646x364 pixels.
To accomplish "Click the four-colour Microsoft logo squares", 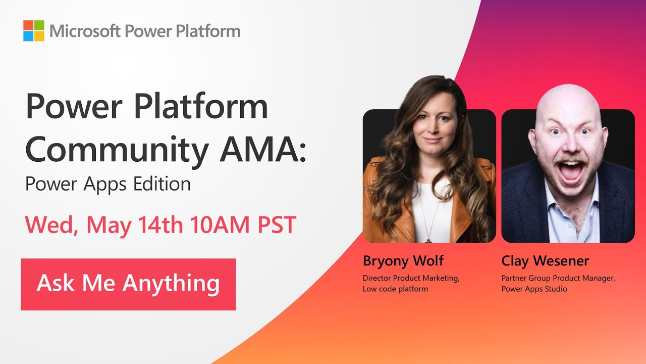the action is tap(34, 31).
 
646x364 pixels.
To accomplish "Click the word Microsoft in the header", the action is tap(85, 31).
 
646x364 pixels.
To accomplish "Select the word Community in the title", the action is tap(117, 151).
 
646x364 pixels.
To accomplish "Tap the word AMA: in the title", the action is tap(262, 149).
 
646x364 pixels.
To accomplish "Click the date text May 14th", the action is tap(135, 225).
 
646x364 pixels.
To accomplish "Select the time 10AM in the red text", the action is tap(220, 224).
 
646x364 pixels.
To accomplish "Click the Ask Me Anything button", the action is tap(128, 284).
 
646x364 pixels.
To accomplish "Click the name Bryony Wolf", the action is tap(403, 261).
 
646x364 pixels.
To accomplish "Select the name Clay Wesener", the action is tap(545, 261).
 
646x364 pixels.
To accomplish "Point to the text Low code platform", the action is tap(395, 289).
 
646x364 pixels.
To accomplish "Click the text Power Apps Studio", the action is tap(534, 289).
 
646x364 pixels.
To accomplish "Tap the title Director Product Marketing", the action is tap(411, 278).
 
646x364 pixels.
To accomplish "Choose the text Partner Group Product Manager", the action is tap(558, 278).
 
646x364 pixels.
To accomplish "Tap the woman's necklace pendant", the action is tap(428, 240).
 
